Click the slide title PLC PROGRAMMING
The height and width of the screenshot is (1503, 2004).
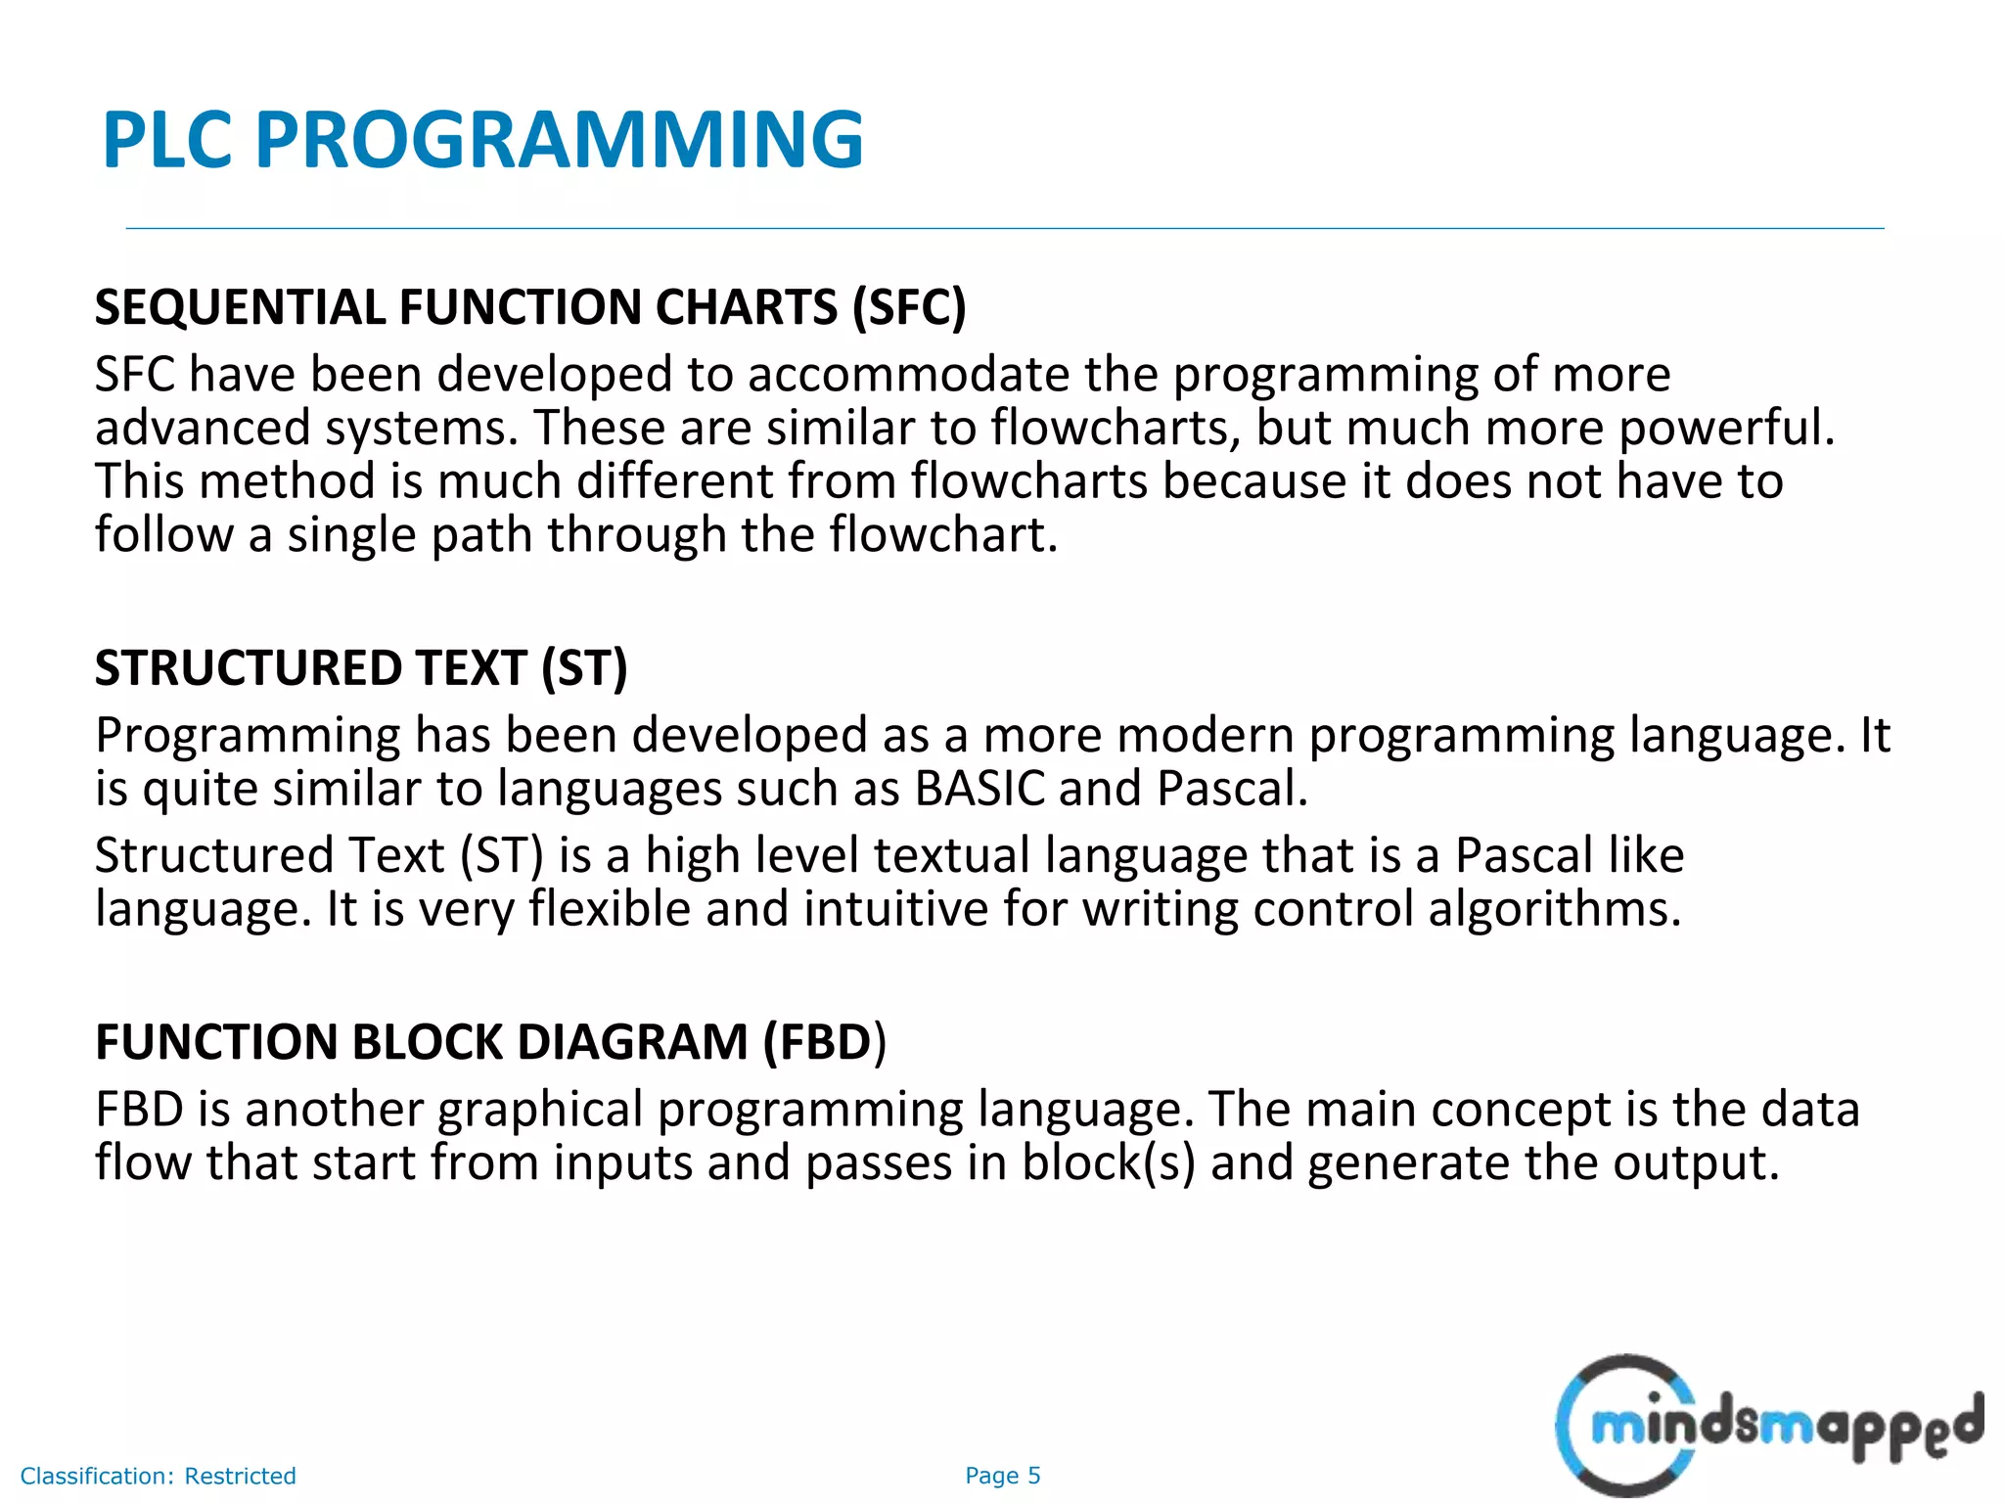482,140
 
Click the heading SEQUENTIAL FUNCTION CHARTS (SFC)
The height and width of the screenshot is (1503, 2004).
530,307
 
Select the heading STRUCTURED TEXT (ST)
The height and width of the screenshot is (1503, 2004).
361,668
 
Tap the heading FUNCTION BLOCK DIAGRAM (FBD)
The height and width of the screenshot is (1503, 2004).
490,1042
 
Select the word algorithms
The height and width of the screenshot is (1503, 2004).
1554,909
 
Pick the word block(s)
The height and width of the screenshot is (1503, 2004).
1109,1163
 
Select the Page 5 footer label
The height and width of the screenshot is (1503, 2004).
1002,1476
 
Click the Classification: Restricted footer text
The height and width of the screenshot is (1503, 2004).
158,1476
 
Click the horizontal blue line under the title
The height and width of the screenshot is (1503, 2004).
1004,228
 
